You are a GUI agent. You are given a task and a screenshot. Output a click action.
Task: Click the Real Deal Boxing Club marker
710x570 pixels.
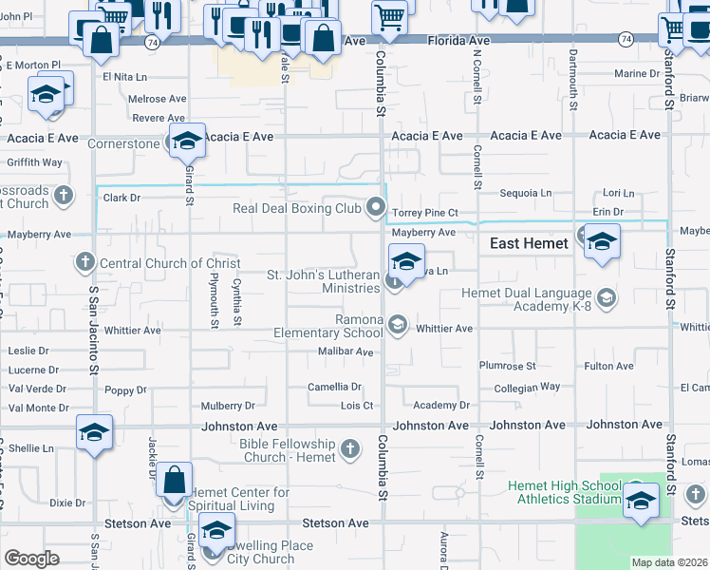(377, 207)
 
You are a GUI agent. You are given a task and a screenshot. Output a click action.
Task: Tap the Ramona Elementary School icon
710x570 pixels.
(398, 326)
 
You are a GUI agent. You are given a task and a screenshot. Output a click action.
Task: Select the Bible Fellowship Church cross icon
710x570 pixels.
(350, 448)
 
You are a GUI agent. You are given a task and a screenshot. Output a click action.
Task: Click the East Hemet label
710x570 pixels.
(529, 244)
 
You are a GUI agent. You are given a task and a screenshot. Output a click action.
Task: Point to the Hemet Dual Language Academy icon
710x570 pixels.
(607, 299)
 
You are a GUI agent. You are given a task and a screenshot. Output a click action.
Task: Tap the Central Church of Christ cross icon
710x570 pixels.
(84, 262)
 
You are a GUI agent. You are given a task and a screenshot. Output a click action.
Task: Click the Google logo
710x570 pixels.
(31, 559)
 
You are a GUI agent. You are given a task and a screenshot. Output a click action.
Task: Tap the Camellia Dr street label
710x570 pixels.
(334, 387)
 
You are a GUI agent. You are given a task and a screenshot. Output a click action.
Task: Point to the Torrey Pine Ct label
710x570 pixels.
(425, 213)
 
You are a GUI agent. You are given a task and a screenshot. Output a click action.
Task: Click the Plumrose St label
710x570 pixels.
(508, 366)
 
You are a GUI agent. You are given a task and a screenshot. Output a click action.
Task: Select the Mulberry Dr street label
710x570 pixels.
(228, 406)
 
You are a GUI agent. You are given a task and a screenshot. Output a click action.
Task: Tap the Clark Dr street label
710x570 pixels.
(121, 199)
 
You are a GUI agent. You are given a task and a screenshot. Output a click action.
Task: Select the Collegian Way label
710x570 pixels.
(527, 388)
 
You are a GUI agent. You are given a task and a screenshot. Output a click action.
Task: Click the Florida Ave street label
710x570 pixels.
(458, 42)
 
